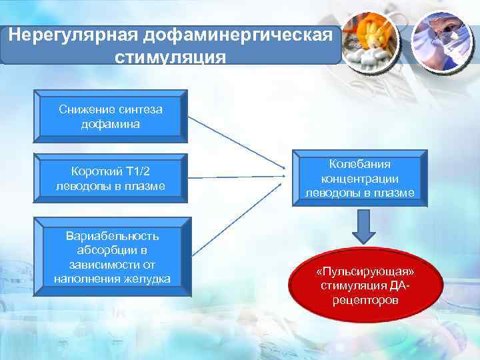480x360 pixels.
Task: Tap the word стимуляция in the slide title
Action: [x=169, y=56]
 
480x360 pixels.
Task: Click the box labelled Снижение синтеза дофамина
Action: [x=110, y=117]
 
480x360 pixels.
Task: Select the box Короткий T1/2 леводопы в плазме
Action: [x=110, y=179]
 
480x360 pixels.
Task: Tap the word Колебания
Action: [x=360, y=164]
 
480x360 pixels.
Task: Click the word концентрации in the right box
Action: [x=360, y=179]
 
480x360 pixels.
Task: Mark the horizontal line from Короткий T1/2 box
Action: [x=233, y=177]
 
